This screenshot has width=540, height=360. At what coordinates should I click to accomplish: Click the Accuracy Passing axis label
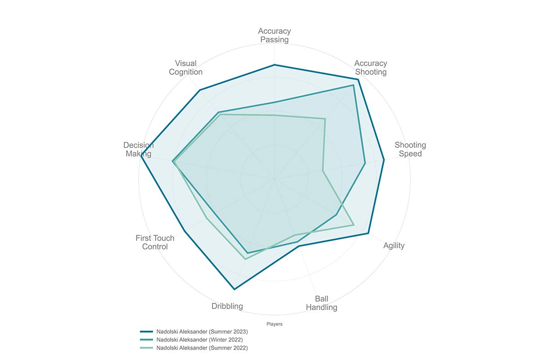point(274,35)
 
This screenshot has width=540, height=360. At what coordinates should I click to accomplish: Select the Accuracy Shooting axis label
point(370,67)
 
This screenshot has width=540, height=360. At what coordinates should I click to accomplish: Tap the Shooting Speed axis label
point(410,149)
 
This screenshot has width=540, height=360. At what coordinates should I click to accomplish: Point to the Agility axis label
point(394,245)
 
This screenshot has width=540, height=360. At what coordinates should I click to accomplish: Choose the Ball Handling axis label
point(321,303)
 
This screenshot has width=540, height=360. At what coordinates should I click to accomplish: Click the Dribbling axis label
point(227,306)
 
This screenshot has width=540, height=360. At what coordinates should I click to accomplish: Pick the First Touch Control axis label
point(155,242)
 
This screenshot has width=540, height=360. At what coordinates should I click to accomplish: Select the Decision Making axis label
point(138,149)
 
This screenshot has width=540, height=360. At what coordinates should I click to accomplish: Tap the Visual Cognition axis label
point(185,67)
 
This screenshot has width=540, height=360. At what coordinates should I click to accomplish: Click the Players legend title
point(274,324)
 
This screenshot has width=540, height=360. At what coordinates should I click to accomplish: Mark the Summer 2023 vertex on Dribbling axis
point(234,288)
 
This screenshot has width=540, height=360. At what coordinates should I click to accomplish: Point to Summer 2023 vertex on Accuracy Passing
point(274,65)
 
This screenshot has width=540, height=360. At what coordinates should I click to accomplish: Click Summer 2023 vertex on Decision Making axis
point(141,156)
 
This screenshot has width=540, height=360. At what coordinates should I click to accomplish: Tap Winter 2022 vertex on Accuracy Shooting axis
point(353,85)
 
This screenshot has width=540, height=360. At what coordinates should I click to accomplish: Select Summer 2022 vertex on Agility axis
point(354,225)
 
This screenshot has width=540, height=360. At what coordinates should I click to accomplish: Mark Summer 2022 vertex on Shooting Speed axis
point(323,171)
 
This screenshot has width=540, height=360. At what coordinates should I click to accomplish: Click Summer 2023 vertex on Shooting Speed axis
point(384,160)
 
